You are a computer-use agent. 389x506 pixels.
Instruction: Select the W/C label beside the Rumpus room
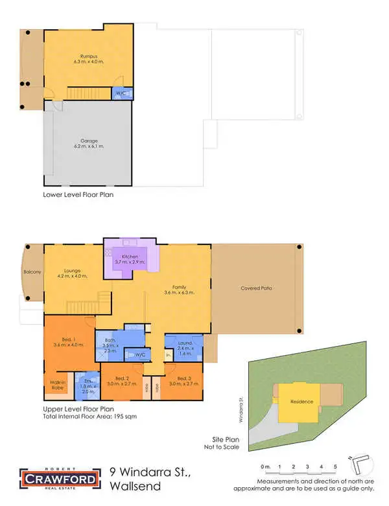[121, 93]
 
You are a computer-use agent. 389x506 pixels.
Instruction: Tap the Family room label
[180, 290]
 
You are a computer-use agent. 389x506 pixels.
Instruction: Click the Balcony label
[32, 272]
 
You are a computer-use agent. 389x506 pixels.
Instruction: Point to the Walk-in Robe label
[58, 385]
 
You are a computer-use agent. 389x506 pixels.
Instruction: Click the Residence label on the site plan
[301, 401]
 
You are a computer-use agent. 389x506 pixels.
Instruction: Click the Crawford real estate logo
[60, 479]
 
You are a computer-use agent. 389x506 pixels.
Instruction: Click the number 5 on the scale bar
[335, 466]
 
